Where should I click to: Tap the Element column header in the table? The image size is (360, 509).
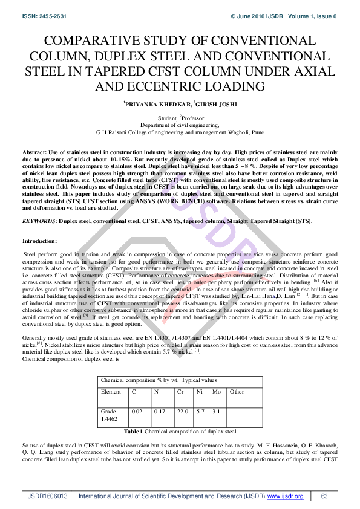click(111, 392)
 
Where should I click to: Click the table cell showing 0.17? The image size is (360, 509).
click(159, 412)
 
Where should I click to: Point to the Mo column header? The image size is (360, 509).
click(215, 392)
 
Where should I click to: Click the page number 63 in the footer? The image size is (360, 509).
click(324, 496)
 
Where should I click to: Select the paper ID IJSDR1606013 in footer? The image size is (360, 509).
click(47, 496)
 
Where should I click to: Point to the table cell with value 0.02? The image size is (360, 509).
click(137, 412)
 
